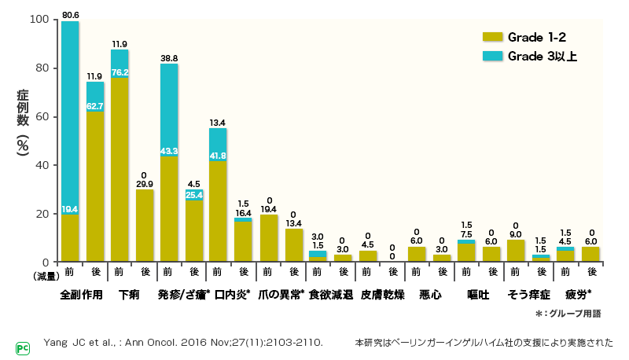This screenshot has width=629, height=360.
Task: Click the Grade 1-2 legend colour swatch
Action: coord(491,37)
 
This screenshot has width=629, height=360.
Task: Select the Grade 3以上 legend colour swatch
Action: coord(491,56)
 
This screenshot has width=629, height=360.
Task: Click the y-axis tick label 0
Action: coord(46,262)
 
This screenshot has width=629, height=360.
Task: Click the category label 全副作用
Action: coord(82,295)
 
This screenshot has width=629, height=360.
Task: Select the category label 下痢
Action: coord(131,295)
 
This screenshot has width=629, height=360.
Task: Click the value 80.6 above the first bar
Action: coord(70,13)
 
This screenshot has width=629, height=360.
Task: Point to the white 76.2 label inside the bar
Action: coord(120,73)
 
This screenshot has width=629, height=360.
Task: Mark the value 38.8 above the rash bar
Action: coord(169,58)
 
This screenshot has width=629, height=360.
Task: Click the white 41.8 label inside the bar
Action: coord(219,156)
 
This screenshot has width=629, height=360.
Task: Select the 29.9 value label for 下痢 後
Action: coord(145,184)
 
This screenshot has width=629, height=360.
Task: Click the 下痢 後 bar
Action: coord(145,226)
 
